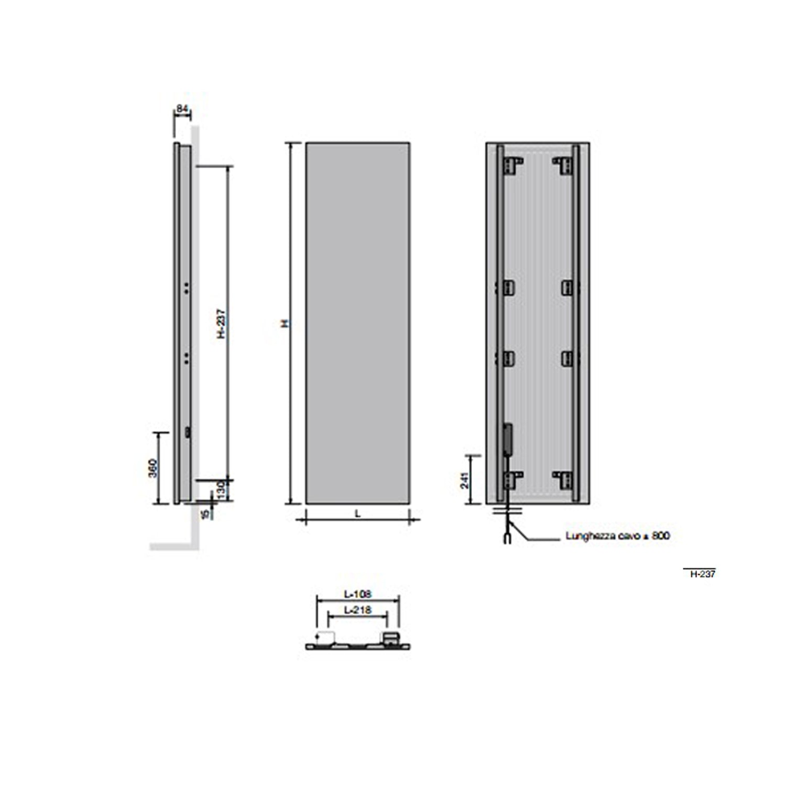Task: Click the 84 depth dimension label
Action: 182,109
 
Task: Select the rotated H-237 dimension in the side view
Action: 221,323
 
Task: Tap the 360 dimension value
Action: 152,468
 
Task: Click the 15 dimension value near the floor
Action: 205,513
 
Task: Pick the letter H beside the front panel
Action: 286,323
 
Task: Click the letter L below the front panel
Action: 358,514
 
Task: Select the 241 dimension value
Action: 464,480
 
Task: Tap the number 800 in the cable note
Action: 661,536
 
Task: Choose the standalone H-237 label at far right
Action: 702,574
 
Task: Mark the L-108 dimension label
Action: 357,594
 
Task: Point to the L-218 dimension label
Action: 357,610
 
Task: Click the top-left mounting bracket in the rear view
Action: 512,165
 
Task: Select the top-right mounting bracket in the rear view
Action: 563,165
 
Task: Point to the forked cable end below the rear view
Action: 507,538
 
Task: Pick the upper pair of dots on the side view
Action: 187,287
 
